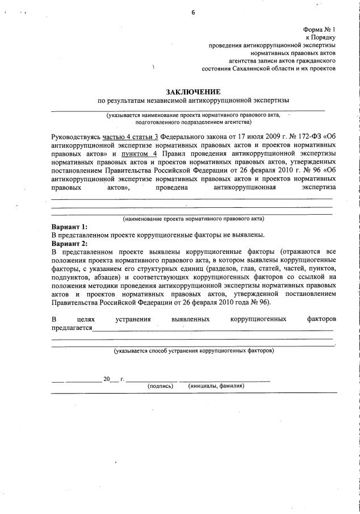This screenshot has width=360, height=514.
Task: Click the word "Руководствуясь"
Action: coord(76,137)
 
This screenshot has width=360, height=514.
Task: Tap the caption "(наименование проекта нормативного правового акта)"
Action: coord(193,218)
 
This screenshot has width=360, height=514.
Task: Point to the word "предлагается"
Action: coord(72,328)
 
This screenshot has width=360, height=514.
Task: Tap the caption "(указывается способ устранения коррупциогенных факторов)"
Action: coord(193,350)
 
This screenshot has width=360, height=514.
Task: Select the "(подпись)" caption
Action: coord(160,386)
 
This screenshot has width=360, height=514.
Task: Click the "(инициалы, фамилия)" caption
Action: coord(216,386)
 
